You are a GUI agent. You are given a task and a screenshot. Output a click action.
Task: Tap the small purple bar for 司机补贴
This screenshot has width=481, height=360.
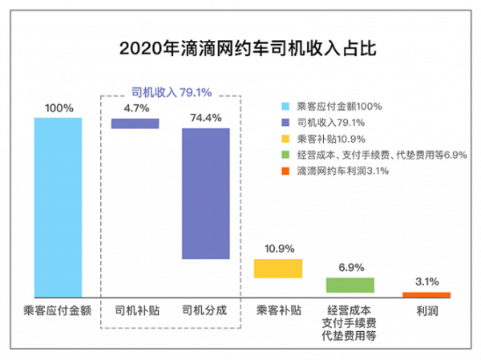coord(135,123)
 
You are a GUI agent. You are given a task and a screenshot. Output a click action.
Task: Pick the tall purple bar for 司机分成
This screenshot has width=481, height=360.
coord(206,193)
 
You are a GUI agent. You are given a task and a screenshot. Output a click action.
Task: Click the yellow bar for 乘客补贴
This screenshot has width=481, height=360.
coord(278,268)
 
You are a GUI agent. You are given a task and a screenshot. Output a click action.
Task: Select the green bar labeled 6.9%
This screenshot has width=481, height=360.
coord(350,285)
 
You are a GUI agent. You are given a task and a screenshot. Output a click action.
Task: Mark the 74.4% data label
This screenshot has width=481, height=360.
coord(206,117)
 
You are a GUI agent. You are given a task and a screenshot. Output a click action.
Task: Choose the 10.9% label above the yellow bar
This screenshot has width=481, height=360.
coord(278,249)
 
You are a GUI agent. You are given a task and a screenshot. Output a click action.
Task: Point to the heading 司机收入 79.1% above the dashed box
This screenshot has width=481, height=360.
coord(171,92)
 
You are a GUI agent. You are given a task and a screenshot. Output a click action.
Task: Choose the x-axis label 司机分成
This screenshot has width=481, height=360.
coord(205,309)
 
